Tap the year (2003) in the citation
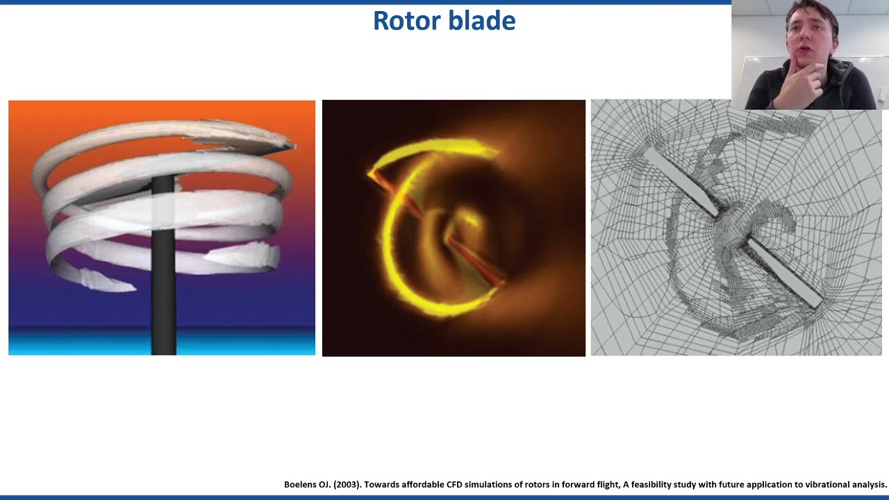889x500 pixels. point(348,485)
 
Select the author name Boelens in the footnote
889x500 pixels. point(303,485)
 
